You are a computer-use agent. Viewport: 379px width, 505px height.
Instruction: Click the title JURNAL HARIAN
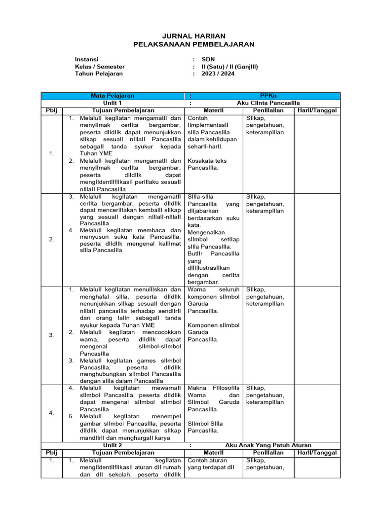click(x=194, y=36)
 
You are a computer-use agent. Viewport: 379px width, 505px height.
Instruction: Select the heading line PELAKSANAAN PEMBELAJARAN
click(x=194, y=44)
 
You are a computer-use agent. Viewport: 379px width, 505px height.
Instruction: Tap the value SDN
click(x=208, y=59)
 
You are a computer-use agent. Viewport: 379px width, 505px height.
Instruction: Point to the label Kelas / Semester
click(x=100, y=67)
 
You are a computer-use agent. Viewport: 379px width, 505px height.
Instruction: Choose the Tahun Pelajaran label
click(x=99, y=74)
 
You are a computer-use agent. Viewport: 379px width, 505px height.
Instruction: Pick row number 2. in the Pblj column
click(x=52, y=239)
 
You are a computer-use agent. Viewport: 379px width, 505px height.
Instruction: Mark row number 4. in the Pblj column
click(x=52, y=413)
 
